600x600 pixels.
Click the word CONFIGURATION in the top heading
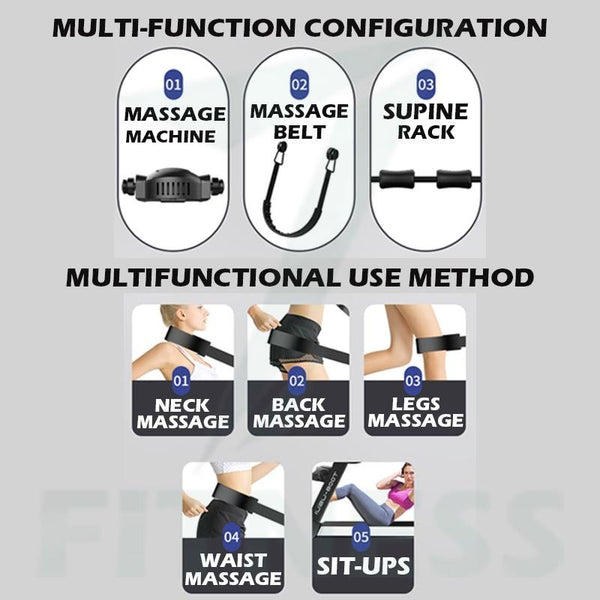(x=426, y=28)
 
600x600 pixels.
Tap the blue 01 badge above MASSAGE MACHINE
(x=173, y=84)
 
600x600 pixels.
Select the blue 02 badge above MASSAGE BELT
(x=299, y=84)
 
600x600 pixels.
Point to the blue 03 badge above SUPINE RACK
(x=426, y=84)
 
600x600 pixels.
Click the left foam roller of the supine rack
(x=396, y=179)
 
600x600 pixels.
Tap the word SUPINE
(x=426, y=112)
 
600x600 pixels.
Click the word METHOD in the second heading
(x=471, y=277)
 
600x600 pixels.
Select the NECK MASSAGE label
(x=183, y=414)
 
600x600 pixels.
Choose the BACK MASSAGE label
(x=298, y=413)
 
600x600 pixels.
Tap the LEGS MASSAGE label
(x=415, y=412)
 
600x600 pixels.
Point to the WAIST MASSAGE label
(x=233, y=569)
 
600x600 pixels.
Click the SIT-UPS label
(x=363, y=566)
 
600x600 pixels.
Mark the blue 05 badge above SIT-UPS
(x=361, y=537)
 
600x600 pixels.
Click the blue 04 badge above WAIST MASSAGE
(x=232, y=537)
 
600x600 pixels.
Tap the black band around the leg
(x=440, y=343)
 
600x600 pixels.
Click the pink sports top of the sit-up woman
(x=401, y=496)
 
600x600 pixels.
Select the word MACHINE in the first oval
(x=171, y=136)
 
